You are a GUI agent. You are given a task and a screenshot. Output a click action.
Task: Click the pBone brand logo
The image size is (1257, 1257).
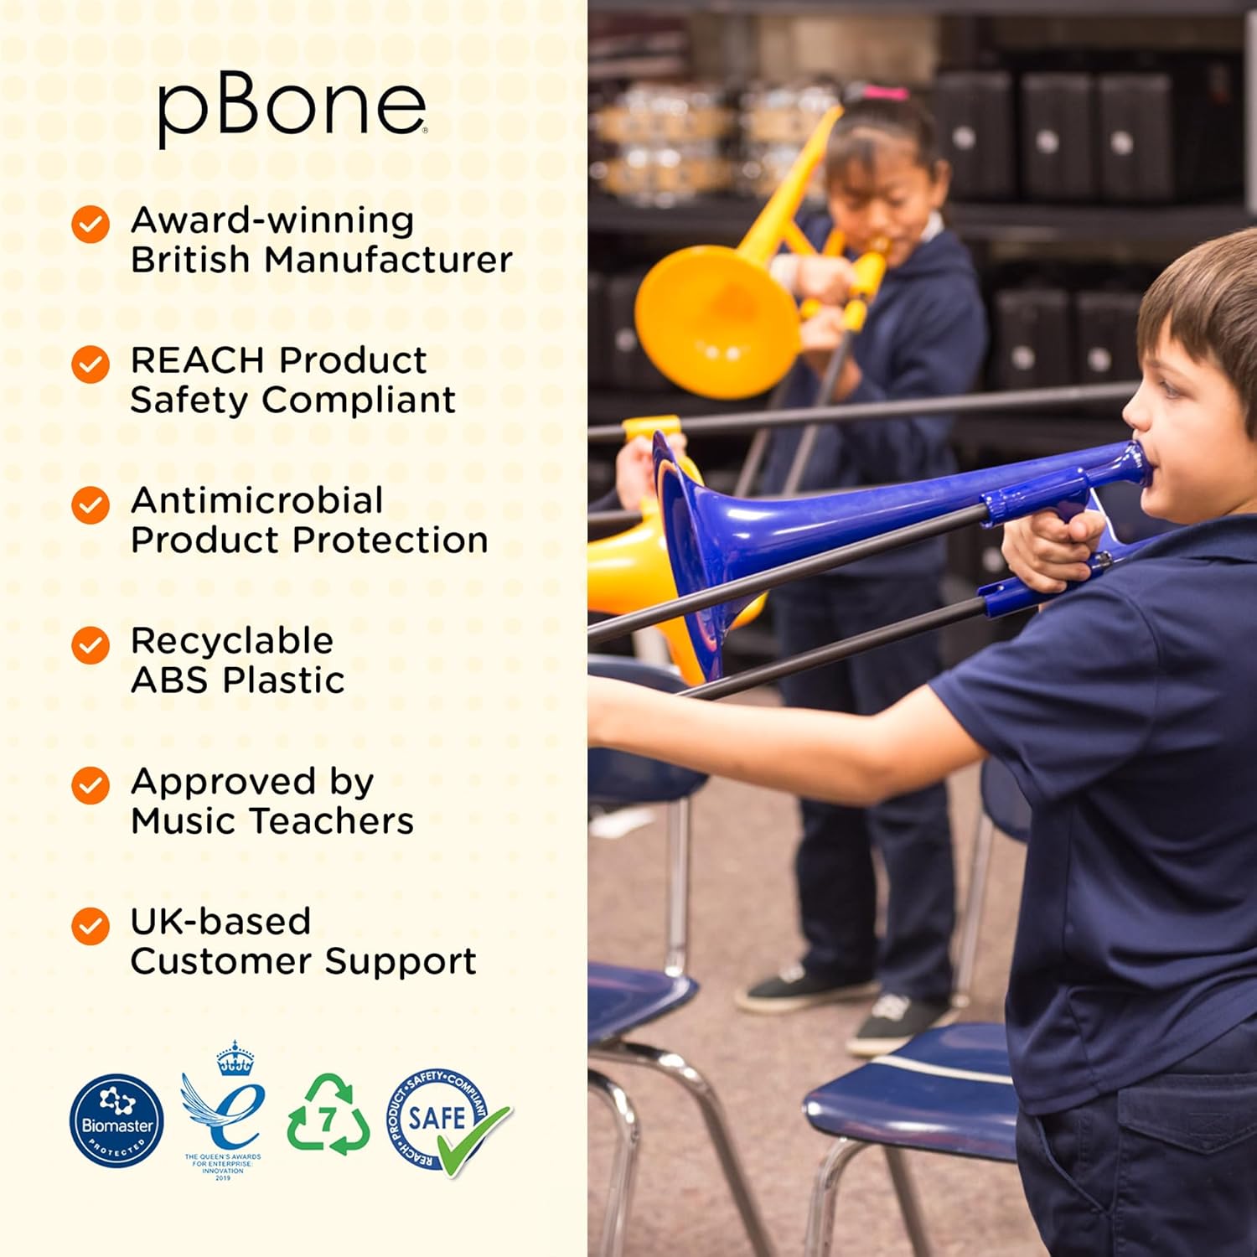click(292, 109)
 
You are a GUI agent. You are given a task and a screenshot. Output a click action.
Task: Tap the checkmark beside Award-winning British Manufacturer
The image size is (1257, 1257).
click(91, 225)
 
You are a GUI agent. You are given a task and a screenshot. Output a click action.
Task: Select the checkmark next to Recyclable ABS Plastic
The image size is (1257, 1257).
click(91, 645)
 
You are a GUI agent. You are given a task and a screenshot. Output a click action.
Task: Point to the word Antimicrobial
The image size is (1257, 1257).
click(257, 500)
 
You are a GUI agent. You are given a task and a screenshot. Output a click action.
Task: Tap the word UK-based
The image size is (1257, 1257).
click(220, 921)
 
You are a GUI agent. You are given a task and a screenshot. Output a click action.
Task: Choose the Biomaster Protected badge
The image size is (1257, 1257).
click(116, 1120)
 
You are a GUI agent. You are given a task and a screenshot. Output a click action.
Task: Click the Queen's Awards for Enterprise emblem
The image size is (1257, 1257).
click(224, 1106)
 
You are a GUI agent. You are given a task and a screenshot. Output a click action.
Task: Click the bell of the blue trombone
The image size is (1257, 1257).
click(696, 545)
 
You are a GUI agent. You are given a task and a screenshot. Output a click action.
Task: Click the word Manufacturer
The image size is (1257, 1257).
click(388, 260)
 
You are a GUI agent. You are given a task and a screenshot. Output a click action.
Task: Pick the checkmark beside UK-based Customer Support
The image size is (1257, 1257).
click(91, 926)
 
